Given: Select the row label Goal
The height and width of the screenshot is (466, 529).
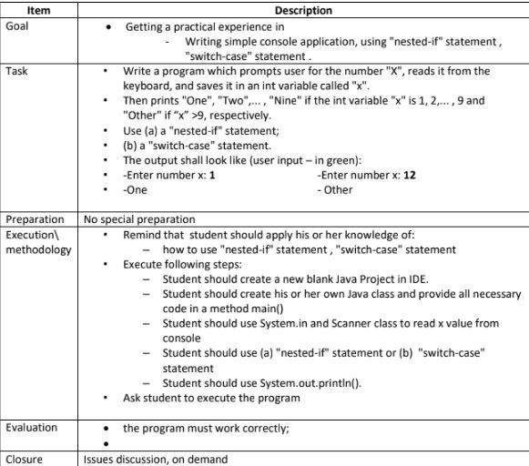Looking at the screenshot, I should (x=17, y=25).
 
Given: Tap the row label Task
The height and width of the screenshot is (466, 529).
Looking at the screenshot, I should (x=17, y=71).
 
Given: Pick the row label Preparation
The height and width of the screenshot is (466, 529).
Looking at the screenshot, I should (x=36, y=219).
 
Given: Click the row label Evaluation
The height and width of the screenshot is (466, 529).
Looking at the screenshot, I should (x=32, y=428).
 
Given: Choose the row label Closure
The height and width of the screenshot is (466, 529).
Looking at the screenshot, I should (x=25, y=460).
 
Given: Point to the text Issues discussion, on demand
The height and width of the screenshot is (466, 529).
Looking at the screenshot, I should (x=156, y=460).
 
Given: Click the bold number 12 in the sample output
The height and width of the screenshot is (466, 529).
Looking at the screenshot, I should (x=410, y=174).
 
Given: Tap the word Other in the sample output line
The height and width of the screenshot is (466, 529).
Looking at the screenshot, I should (x=337, y=189).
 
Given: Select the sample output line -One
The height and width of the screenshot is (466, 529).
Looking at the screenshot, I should (x=135, y=189).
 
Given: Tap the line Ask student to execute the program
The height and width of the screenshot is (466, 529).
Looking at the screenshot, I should (x=211, y=397).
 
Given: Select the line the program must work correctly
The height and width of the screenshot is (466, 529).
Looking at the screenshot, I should (x=206, y=428).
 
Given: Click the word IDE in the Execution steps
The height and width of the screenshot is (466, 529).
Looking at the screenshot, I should (x=419, y=279).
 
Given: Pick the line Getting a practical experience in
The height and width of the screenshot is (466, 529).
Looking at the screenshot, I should (x=205, y=26).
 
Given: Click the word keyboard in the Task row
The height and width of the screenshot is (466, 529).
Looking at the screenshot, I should (x=149, y=86).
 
